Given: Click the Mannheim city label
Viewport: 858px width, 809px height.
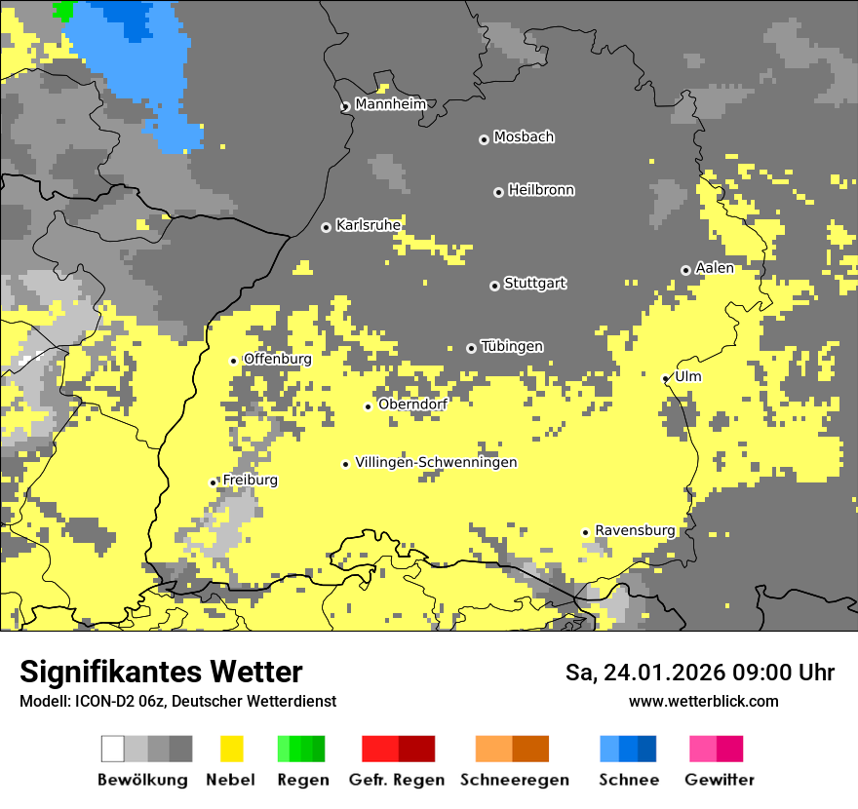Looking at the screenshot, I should [x=390, y=104].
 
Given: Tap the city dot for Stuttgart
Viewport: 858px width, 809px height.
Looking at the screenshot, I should [x=494, y=286].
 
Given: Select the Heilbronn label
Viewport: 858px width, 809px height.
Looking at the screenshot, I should [x=541, y=190].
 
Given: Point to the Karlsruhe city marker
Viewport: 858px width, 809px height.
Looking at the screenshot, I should [x=326, y=227].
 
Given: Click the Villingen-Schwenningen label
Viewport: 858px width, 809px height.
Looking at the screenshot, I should [x=436, y=462].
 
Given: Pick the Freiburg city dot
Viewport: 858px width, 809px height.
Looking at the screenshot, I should [x=214, y=482].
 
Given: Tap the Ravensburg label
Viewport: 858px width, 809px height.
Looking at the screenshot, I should [x=635, y=530].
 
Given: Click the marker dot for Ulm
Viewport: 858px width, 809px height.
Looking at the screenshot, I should [x=666, y=378].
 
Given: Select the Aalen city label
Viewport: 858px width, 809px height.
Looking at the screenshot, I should [x=714, y=268].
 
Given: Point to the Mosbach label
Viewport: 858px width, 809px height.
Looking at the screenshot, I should [x=524, y=137].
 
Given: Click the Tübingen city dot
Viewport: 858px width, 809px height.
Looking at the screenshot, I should [x=472, y=348].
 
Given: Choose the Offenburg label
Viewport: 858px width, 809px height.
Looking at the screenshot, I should [x=277, y=359].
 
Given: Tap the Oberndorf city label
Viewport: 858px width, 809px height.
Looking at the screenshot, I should [x=412, y=404].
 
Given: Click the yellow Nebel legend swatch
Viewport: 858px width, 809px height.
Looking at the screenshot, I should [x=232, y=749].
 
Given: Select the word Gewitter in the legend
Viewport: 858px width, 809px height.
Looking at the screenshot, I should [x=720, y=780].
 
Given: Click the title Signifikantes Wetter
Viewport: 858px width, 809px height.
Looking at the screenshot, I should [x=161, y=672].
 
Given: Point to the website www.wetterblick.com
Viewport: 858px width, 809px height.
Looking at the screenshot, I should [x=703, y=701].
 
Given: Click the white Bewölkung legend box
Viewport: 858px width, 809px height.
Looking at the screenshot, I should [x=113, y=749].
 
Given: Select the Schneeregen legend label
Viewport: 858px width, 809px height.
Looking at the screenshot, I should [x=514, y=780].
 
